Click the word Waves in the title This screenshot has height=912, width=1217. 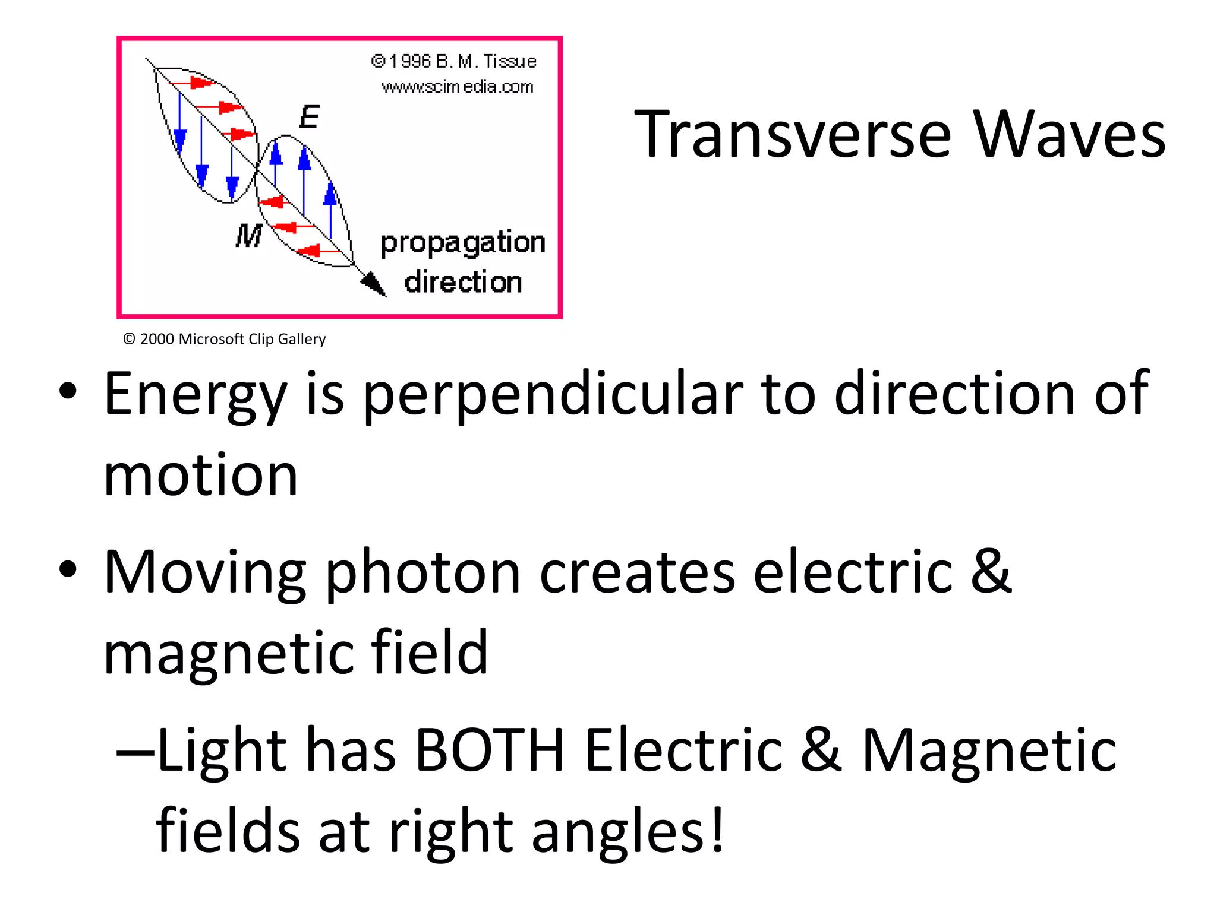coord(1069,135)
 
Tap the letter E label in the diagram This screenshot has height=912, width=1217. coord(310,116)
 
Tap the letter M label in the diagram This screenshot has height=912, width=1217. coord(248,236)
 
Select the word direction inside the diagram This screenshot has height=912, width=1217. coord(463,282)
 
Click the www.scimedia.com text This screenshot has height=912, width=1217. coord(457,87)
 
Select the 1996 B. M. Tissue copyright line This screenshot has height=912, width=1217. coord(454,61)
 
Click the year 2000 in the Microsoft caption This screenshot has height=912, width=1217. coord(157,339)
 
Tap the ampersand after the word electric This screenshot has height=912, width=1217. coord(991,571)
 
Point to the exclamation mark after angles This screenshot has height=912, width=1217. coord(717,829)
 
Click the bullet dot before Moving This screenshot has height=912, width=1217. coord(68,569)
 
